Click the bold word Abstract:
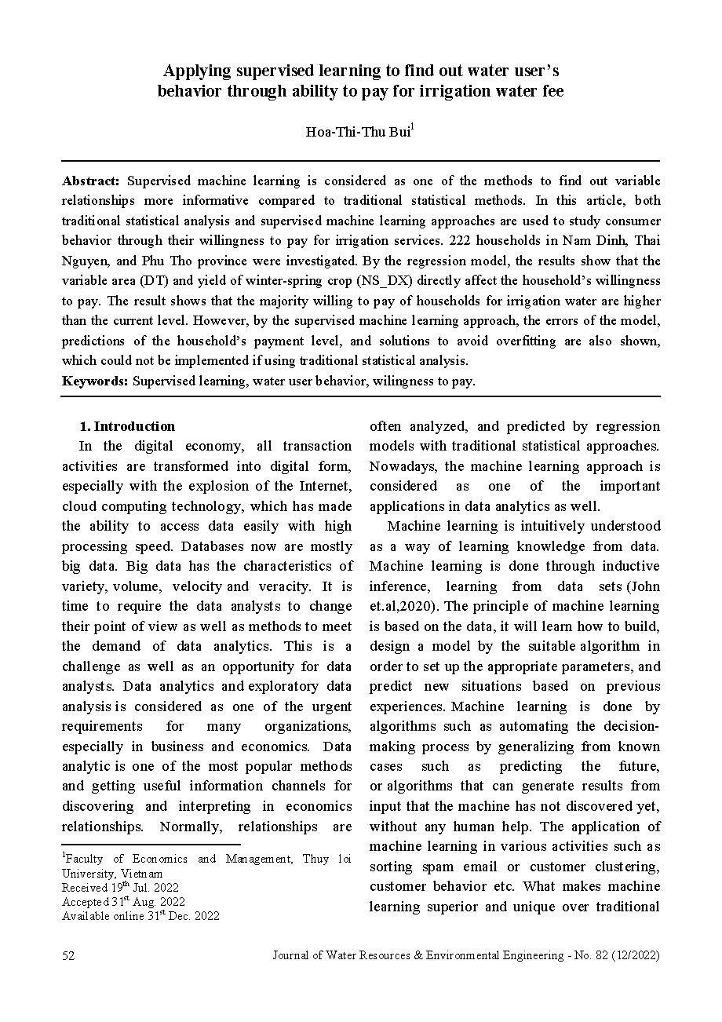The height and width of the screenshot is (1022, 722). [x=91, y=181]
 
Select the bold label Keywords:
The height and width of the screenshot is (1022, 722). [x=95, y=381]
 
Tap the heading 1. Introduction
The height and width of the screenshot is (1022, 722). [x=127, y=426]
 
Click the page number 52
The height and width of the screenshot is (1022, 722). [x=68, y=956]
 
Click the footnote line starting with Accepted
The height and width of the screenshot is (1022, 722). [x=123, y=901]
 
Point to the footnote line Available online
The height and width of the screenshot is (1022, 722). [x=140, y=915]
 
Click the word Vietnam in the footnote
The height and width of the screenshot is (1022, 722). [x=142, y=873]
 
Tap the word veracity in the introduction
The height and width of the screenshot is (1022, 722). [x=284, y=586]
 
